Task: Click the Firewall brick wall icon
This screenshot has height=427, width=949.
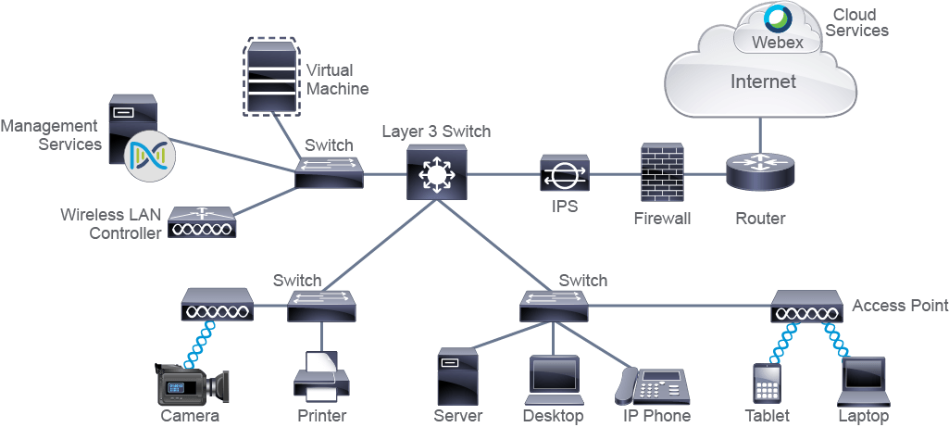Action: (662, 173)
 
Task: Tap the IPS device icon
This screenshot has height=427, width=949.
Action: (564, 174)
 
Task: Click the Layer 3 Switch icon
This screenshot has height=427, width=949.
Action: (436, 172)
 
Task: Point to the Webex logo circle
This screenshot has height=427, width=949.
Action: (778, 19)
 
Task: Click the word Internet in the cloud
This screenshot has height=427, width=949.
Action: (763, 82)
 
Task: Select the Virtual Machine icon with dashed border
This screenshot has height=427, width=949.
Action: (271, 76)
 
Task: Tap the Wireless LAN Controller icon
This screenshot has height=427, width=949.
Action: (202, 221)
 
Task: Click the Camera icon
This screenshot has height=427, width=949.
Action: (192, 384)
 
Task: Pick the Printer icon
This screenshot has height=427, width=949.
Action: (321, 377)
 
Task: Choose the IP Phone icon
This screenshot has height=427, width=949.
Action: (652, 386)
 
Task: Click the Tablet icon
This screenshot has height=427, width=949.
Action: (767, 383)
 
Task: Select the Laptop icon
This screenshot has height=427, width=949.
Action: (864, 382)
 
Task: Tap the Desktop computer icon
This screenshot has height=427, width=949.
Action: (554, 380)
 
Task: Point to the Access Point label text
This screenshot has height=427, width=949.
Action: (900, 306)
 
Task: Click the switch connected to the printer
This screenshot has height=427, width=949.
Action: (321, 306)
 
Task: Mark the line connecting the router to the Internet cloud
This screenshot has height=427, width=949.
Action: (761, 134)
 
